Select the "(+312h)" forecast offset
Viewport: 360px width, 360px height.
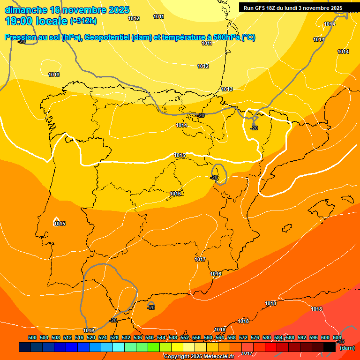84,21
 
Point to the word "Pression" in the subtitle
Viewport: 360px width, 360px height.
19,37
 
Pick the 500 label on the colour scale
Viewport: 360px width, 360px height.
32,337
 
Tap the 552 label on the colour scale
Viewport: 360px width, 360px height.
185,337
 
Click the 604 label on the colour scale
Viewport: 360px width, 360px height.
337,337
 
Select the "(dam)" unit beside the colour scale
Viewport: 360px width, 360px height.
347,348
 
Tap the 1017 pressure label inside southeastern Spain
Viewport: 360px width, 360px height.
200,259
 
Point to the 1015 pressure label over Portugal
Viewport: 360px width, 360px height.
60,224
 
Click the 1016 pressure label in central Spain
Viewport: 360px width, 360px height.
175,194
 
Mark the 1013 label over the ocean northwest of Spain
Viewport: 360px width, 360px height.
54,75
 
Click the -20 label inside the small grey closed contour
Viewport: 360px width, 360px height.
214,177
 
